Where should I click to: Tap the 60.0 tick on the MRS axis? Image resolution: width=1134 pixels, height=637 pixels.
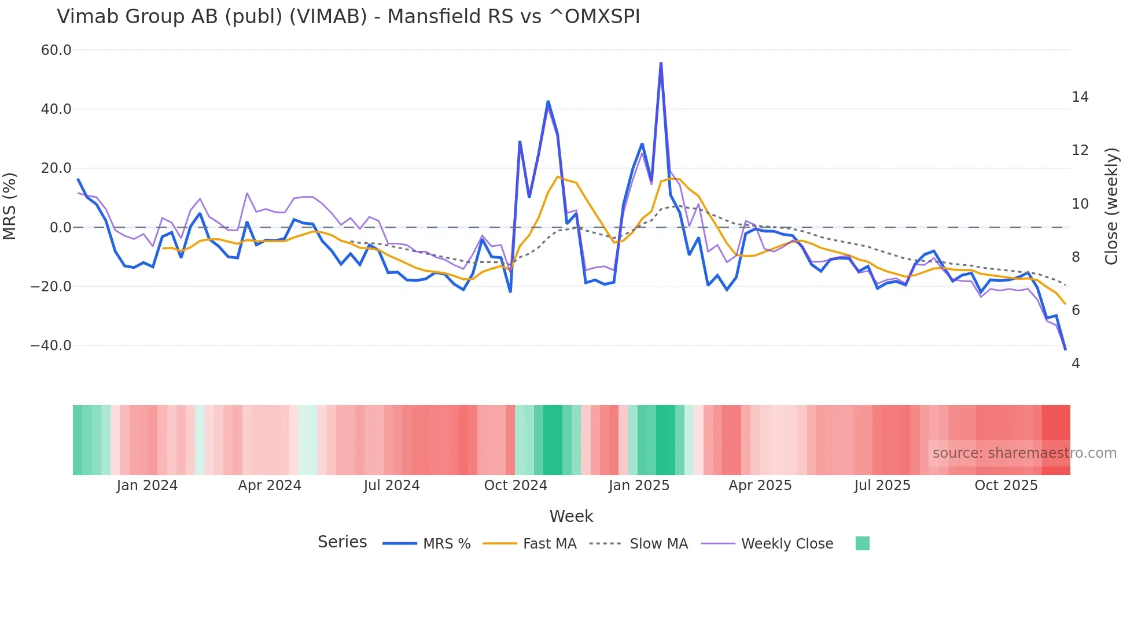click(56, 50)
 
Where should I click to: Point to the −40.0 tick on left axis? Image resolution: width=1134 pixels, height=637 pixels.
click(51, 346)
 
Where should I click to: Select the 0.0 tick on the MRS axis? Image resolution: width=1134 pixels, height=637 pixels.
click(60, 228)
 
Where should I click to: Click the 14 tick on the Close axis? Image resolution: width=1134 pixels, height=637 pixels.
click(1080, 97)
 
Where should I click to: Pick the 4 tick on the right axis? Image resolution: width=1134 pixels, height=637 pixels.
click(1076, 364)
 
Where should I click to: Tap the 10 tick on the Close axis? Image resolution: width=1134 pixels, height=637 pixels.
click(1080, 204)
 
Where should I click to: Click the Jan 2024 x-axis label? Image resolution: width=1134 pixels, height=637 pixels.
click(147, 486)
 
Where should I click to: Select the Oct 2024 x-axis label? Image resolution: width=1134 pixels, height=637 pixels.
click(516, 486)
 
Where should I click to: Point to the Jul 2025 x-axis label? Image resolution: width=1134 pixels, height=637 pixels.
click(882, 486)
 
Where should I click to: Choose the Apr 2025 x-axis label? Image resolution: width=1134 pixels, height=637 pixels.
click(760, 486)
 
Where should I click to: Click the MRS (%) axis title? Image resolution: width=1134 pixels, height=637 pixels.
click(9, 206)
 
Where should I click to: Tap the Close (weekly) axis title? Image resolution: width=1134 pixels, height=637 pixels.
click(1111, 206)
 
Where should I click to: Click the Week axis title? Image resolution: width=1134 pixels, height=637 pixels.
click(571, 516)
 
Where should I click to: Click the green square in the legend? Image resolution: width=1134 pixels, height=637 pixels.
click(862, 543)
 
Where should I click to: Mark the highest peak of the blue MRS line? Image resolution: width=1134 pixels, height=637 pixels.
click(661, 64)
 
